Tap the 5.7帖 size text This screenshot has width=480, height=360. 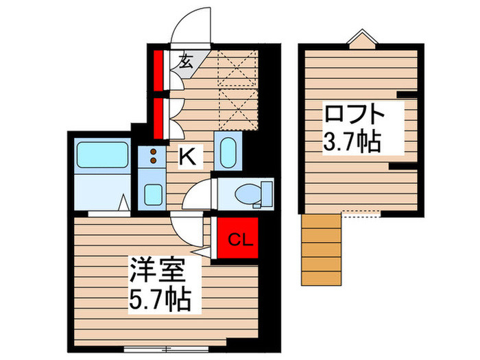(159, 300)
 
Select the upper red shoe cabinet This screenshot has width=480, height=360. (158, 69)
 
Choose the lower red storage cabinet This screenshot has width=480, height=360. (158, 117)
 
